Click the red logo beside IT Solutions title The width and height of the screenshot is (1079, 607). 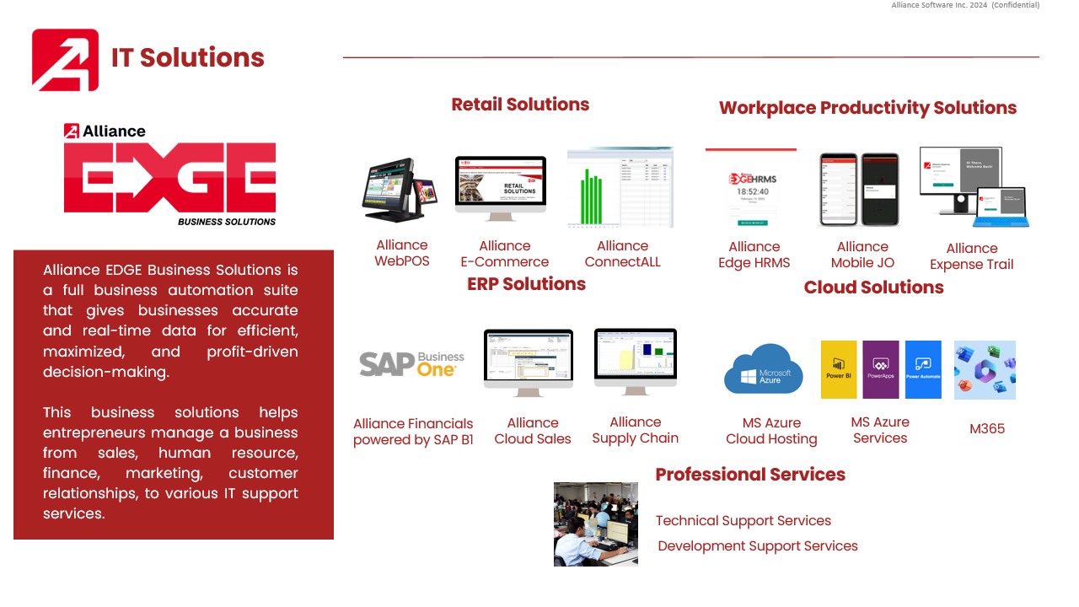pos(65,60)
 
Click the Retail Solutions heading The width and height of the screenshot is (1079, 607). pos(520,105)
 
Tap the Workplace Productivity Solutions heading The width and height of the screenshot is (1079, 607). pos(867,108)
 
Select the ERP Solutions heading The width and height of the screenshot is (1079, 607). pos(526,284)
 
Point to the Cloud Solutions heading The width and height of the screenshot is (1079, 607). pos(873,287)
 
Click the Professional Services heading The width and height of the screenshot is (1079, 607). pos(750,475)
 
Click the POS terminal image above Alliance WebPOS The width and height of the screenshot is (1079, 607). pos(400,191)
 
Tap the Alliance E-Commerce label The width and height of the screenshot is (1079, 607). pos(504,254)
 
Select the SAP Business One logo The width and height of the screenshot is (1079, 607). pos(412,363)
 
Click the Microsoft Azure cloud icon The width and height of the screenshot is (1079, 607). pos(764,369)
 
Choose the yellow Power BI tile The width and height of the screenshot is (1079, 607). pos(839,369)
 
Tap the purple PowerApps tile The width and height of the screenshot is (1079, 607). pos(881,369)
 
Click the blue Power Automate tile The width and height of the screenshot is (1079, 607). pos(923,369)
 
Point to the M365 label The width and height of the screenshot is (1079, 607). pos(987,428)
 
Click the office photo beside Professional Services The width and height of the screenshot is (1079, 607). pos(596,524)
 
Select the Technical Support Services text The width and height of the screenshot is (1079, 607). pos(743,521)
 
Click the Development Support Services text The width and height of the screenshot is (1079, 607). pos(758,546)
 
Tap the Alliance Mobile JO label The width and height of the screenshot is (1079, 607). pos(862,255)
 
